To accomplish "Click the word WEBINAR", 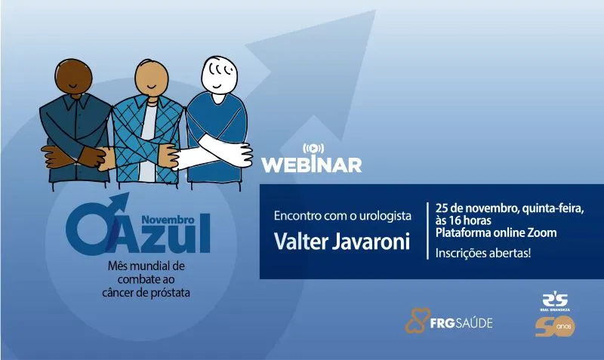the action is pyautogui.click(x=312, y=165).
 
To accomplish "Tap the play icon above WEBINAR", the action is pyautogui.click(x=313, y=148).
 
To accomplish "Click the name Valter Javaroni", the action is pyautogui.click(x=342, y=242).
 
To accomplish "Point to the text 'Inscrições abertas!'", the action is pyautogui.click(x=483, y=254).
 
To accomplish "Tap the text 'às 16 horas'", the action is pyautogui.click(x=463, y=220).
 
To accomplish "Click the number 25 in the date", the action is pyautogui.click(x=442, y=208).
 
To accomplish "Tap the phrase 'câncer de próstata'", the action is pyautogui.click(x=146, y=293).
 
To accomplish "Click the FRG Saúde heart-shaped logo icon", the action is pyautogui.click(x=418, y=320).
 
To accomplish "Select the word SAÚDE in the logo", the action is pyautogui.click(x=474, y=323).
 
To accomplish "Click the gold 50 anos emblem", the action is pyautogui.click(x=555, y=327).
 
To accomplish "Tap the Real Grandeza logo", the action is pyautogui.click(x=555, y=302).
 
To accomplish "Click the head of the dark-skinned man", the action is pyautogui.click(x=73, y=78).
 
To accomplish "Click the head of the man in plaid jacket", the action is pyautogui.click(x=152, y=78).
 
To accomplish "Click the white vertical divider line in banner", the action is pyautogui.click(x=427, y=231).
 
